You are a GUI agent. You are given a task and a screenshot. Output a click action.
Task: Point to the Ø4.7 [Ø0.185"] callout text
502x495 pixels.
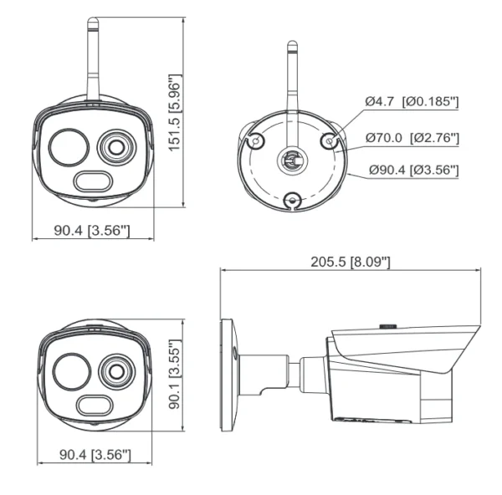pos(412,101)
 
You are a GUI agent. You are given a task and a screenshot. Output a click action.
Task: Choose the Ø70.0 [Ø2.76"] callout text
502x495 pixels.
pos(412,137)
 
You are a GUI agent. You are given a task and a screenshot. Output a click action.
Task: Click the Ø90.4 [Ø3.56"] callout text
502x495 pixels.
pos(413,171)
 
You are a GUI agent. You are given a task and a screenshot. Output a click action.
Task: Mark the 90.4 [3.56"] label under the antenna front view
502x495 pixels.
pos(91,230)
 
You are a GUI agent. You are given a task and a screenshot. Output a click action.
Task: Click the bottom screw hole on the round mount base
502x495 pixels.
pos(292,199)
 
